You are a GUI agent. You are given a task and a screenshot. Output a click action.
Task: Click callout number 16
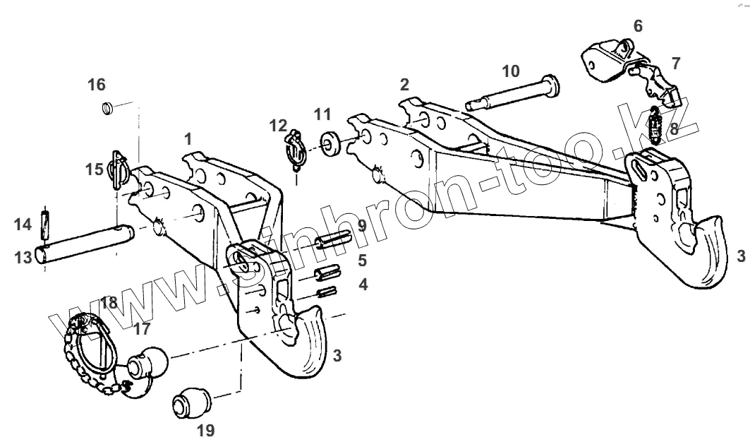(x=97, y=85)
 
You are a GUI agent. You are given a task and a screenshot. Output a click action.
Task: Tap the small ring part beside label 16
(x=108, y=109)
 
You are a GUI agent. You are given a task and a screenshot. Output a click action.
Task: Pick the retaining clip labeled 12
(x=294, y=148)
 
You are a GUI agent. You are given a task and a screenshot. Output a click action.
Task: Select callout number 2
(x=404, y=85)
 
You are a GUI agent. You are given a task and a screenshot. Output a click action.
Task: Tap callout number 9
(x=361, y=226)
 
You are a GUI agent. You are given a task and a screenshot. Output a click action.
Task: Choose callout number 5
(x=362, y=260)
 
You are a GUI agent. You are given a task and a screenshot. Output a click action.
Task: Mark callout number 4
(x=362, y=285)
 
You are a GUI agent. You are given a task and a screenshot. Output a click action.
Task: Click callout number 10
(x=511, y=71)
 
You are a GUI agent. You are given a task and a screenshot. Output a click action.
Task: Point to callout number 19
(x=205, y=429)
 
